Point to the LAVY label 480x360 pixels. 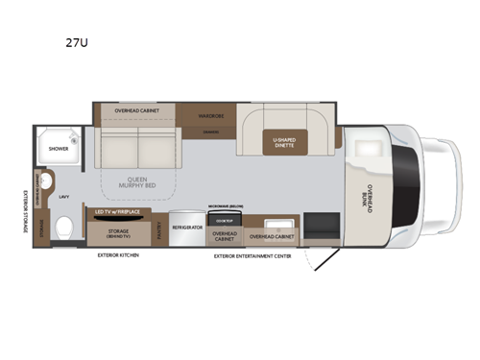63,197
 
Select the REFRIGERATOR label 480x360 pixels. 185,228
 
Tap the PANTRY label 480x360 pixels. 159,228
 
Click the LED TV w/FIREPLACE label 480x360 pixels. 118,212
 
